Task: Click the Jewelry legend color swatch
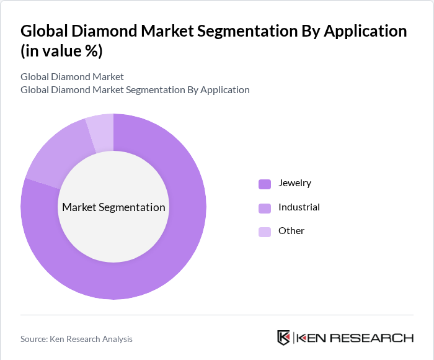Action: coord(265,184)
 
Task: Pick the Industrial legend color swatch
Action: coord(265,208)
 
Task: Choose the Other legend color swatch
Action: coord(265,232)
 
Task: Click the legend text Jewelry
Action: coord(294,183)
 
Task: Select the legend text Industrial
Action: coord(299,207)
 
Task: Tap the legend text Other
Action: coord(291,231)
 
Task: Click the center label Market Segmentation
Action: coord(113,207)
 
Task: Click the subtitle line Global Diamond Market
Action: coord(72,77)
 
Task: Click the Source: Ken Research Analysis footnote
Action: coord(76,339)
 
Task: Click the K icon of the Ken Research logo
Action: coord(283,338)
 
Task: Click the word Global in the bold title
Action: coord(45,31)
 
